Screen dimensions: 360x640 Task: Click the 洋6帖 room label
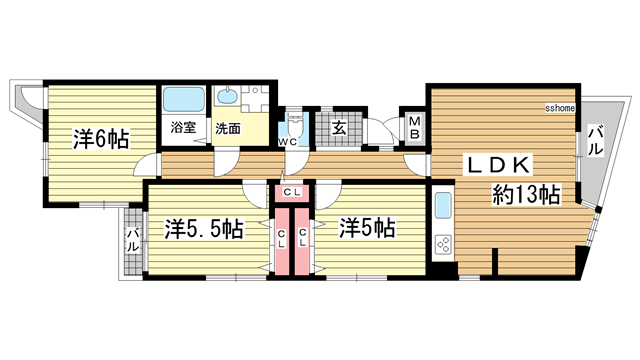pos(100,140)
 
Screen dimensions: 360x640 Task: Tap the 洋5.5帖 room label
pos(204,229)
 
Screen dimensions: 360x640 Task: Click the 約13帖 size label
pos(525,194)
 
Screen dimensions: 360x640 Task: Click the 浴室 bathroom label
pos(182,128)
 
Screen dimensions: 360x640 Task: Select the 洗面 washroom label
pos(228,128)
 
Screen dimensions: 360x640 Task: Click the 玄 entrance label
pos(339,127)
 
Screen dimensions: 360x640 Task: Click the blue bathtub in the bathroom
pos(183,100)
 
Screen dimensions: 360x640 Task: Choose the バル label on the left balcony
pos(132,241)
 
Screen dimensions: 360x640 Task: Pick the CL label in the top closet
pos(292,191)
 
